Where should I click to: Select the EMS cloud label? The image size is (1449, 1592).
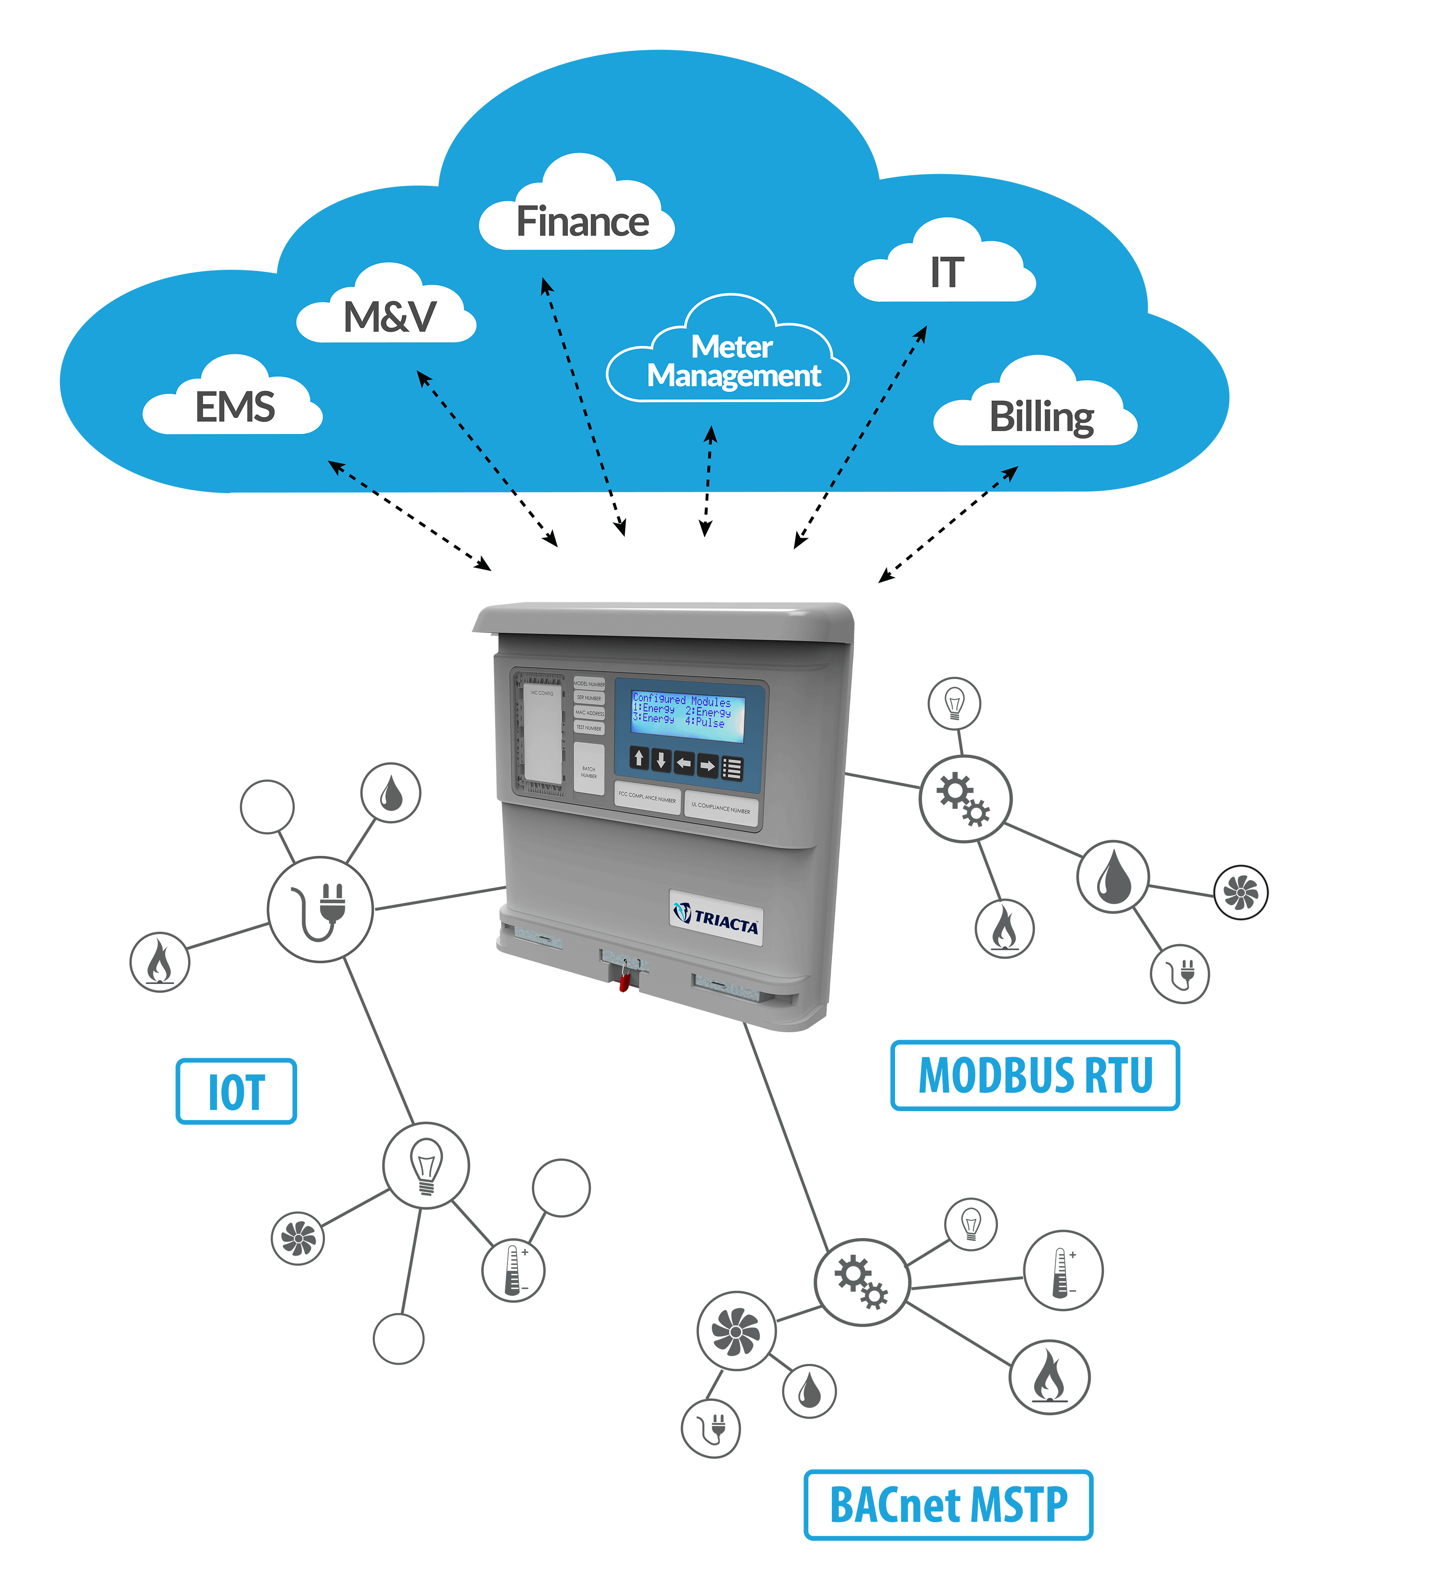tap(235, 407)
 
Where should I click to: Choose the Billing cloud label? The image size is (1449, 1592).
tap(1041, 416)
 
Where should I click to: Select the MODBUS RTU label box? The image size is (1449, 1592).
tap(1035, 1075)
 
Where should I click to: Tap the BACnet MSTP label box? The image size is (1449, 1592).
tap(948, 1504)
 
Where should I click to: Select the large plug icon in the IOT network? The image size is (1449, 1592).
tap(320, 909)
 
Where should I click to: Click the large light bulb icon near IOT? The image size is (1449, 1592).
tap(425, 1166)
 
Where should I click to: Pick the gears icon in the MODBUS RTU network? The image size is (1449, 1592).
tap(964, 798)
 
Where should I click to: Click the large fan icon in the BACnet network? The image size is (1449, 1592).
tap(736, 1331)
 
